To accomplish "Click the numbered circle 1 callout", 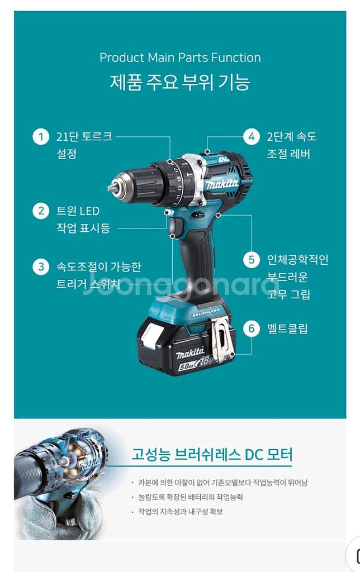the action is tap(41, 137).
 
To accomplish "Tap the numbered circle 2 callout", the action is tap(41, 211).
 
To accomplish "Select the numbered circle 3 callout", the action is tap(41, 266).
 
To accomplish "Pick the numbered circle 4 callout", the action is tap(252, 137).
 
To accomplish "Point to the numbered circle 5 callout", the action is tap(252, 260).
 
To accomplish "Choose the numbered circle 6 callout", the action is tap(252, 328).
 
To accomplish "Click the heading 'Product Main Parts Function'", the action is tap(180, 58).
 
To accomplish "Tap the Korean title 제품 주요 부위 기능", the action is tap(180, 82).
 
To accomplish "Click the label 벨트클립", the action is tap(287, 328).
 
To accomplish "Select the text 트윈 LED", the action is tap(78, 211).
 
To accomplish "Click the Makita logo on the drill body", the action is tap(221, 183).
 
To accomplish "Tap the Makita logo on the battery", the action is tap(190, 353).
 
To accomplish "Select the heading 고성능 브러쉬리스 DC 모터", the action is tap(212, 455).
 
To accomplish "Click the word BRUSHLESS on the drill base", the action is tap(206, 313).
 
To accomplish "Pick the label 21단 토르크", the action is tap(84, 136).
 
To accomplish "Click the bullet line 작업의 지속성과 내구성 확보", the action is tap(181, 512).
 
